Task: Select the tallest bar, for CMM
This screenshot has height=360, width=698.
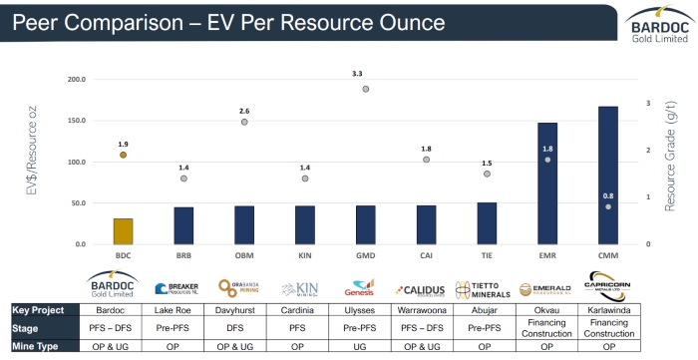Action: click(x=608, y=176)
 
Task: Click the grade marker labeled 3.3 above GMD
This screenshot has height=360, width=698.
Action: click(x=366, y=89)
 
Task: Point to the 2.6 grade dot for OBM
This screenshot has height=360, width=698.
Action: click(x=244, y=122)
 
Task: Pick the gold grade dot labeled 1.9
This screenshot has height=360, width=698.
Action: click(x=123, y=155)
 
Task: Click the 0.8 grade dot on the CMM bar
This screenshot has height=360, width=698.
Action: click(x=608, y=206)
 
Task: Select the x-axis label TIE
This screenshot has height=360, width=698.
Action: click(x=487, y=255)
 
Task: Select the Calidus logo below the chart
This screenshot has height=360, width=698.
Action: click(x=426, y=289)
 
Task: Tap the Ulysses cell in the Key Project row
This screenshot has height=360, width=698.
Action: click(x=365, y=310)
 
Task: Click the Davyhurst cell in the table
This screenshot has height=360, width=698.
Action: click(x=243, y=310)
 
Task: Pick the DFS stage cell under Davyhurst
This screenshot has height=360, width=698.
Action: click(x=243, y=328)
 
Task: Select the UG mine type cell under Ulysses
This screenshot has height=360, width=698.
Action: click(x=365, y=346)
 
